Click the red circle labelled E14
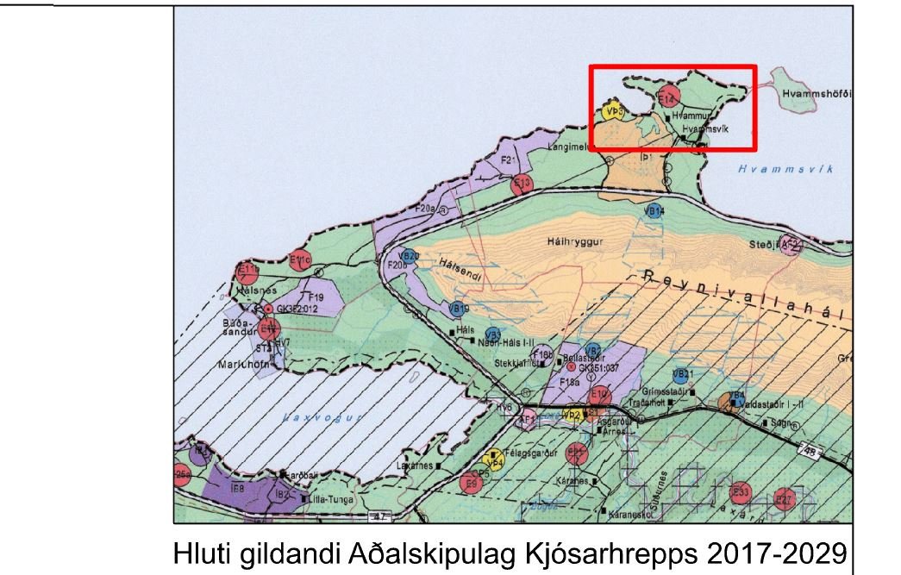(x=666, y=98)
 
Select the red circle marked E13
(x=522, y=183)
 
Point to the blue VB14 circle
(x=654, y=211)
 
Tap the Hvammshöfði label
(x=816, y=93)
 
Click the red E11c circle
(x=300, y=259)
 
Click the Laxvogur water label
(x=313, y=416)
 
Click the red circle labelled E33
(x=740, y=492)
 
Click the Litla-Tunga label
(x=330, y=498)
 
